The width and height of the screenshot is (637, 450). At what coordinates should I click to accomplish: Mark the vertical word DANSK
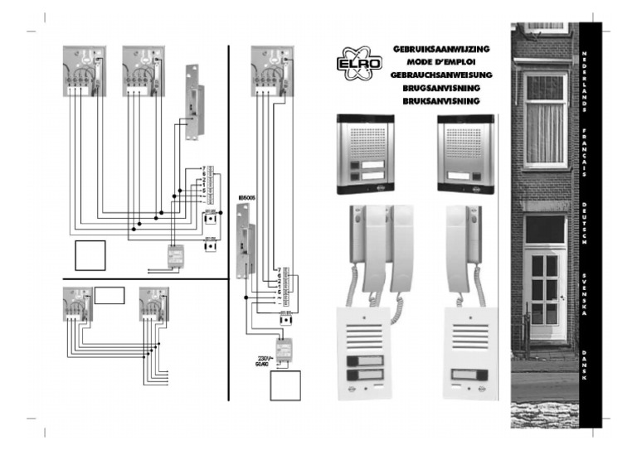585,364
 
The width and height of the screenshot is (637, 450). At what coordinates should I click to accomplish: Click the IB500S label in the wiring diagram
246,199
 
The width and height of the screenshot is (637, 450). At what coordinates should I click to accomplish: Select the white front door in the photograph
544,290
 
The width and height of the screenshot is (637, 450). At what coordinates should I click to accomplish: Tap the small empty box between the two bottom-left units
109,295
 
